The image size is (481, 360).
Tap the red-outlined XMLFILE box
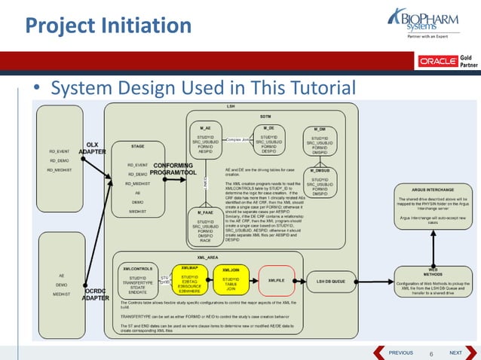(x=276, y=279)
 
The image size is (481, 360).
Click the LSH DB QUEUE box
(x=329, y=280)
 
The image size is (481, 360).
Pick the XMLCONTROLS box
(x=137, y=279)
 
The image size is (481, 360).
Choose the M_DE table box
(x=269, y=141)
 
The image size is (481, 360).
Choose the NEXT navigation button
(x=456, y=352)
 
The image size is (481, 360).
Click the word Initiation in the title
(x=147, y=27)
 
